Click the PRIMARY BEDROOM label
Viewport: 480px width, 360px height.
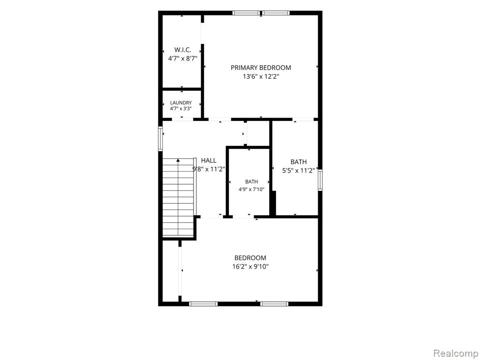pyautogui.click(x=261, y=67)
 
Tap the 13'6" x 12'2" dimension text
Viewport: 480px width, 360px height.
pyautogui.click(x=261, y=76)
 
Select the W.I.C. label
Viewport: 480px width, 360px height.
pyautogui.click(x=183, y=50)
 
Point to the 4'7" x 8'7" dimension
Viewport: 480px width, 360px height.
pyautogui.click(x=182, y=59)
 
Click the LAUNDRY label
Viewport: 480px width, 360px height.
pyautogui.click(x=181, y=103)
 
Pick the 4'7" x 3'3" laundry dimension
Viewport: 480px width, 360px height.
pyautogui.click(x=181, y=108)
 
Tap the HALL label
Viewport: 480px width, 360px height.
pyautogui.click(x=209, y=160)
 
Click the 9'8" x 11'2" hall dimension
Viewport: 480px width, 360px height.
pyautogui.click(x=209, y=169)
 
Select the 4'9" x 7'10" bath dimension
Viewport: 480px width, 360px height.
pyautogui.click(x=252, y=189)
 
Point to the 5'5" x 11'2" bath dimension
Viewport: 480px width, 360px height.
pyautogui.click(x=299, y=171)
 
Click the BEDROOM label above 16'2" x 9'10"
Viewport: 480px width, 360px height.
pyautogui.click(x=250, y=258)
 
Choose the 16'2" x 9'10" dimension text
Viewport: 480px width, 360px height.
pyautogui.click(x=250, y=267)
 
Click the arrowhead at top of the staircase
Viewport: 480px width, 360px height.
pyautogui.click(x=178, y=160)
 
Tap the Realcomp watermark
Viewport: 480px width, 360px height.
pyautogui.click(x=456, y=353)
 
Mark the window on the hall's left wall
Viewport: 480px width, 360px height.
pyautogui.click(x=160, y=139)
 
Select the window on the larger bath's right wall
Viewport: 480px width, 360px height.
pyautogui.click(x=320, y=180)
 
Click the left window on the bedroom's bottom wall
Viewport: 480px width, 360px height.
pyautogui.click(x=203, y=304)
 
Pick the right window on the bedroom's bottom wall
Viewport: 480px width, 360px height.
pyautogui.click(x=274, y=304)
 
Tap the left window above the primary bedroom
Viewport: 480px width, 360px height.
pyautogui.click(x=246, y=13)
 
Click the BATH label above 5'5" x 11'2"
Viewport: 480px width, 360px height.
pyautogui.click(x=299, y=162)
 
